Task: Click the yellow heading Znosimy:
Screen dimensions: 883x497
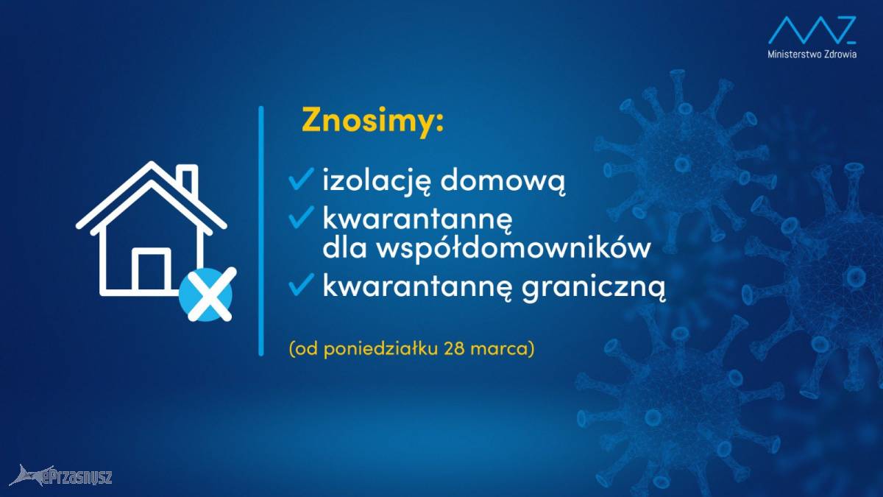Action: coord(373,121)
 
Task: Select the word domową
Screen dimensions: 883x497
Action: coord(503,181)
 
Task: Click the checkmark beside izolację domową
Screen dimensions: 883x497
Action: coord(301,179)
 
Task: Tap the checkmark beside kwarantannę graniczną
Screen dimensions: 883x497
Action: coord(301,284)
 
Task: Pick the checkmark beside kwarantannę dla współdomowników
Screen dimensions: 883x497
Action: coord(301,216)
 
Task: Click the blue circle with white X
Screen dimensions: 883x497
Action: coord(206,295)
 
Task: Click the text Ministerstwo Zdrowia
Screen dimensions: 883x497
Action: coord(812,54)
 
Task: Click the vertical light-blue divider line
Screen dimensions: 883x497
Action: coord(261,231)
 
